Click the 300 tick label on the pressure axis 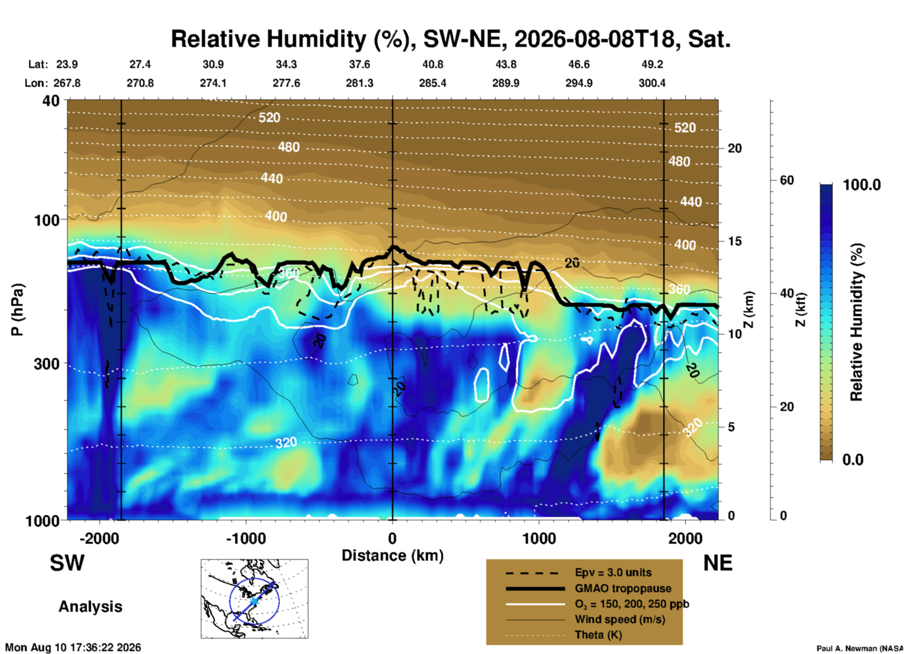click(46, 364)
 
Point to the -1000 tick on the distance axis click(246, 538)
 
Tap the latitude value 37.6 click(360, 64)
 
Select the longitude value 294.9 click(579, 83)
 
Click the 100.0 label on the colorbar click(862, 185)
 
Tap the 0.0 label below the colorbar click(853, 460)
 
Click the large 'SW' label click(67, 563)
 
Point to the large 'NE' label click(718, 563)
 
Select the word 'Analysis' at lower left click(90, 607)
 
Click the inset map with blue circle click(254, 599)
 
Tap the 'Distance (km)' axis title click(392, 555)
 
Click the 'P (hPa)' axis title click(17, 310)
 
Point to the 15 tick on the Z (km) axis click(735, 241)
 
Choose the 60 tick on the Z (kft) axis click(787, 180)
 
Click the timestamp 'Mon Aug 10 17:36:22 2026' click(73, 647)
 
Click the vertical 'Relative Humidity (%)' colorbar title click(857, 322)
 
